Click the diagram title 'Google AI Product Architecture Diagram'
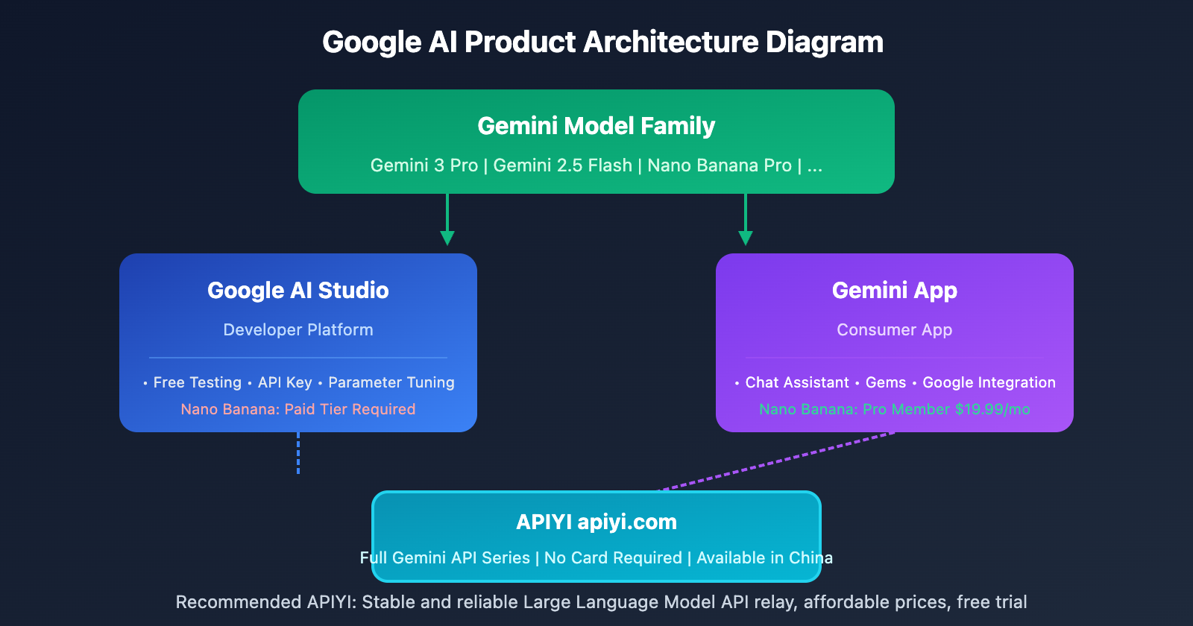click(x=602, y=42)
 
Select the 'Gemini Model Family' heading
click(x=596, y=126)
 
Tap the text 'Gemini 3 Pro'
click(x=424, y=165)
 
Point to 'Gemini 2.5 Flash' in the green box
click(x=562, y=165)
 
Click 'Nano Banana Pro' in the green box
click(x=719, y=165)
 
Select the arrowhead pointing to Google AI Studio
click(x=447, y=238)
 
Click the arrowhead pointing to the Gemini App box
click(x=746, y=238)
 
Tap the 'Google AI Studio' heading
click(x=298, y=290)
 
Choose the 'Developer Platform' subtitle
click(x=298, y=329)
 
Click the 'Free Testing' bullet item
click(x=197, y=382)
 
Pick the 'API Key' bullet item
click(x=285, y=382)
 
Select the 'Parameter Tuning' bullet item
click(x=391, y=382)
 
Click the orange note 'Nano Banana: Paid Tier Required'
click(x=298, y=409)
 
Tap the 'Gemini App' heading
click(x=895, y=290)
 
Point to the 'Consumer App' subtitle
click(x=895, y=329)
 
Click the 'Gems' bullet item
click(x=886, y=382)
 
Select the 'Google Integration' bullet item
click(x=989, y=382)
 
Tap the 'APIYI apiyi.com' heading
click(x=596, y=522)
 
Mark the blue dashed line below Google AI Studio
click(x=298, y=453)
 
